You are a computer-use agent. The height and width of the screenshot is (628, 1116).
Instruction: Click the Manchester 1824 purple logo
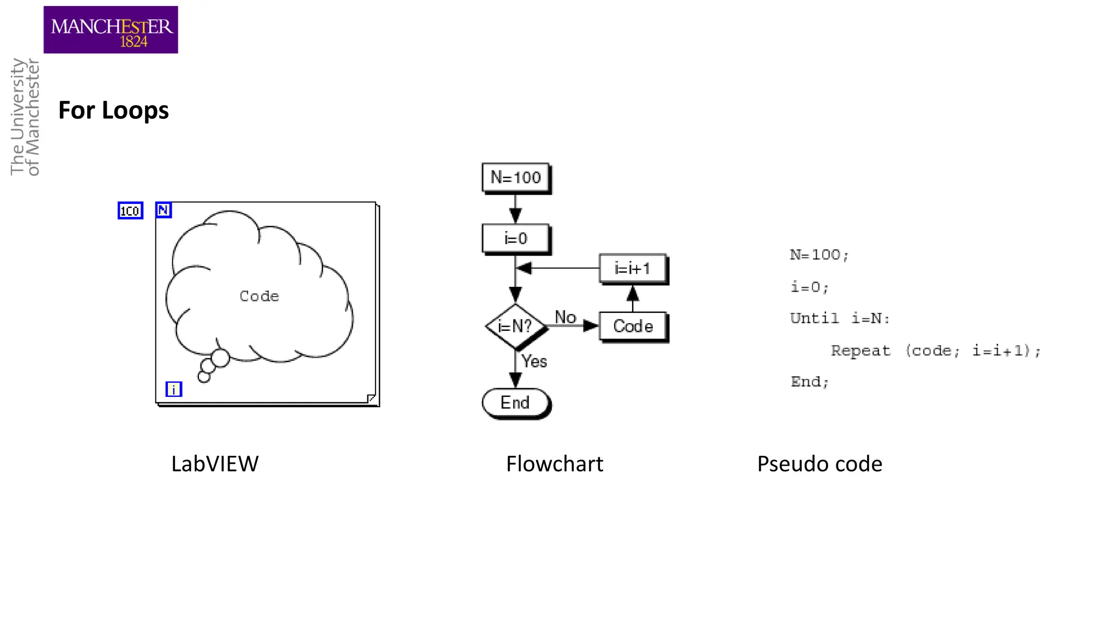[x=111, y=30]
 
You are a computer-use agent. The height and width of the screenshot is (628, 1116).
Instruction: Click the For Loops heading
[x=113, y=111]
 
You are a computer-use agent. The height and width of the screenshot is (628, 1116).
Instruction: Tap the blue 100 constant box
[x=130, y=210]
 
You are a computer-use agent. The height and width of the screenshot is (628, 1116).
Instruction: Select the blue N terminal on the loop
[x=163, y=210]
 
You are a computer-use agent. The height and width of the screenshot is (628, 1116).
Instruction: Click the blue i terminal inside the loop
[x=173, y=389]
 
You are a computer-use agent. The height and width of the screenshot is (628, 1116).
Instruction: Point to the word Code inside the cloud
[x=259, y=296]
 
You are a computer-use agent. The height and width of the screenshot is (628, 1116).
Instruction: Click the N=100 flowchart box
[x=515, y=178]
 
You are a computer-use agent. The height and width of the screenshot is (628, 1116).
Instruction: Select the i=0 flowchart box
[x=515, y=239]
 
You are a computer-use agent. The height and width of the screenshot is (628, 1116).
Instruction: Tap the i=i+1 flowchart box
[x=632, y=268]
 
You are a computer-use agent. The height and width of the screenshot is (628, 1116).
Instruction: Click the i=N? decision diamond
[x=515, y=327]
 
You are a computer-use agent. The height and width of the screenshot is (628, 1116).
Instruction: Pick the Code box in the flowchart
[x=633, y=326]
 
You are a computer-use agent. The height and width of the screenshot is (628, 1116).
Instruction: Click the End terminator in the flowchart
[x=515, y=403]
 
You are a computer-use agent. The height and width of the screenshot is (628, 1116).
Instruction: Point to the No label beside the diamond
[x=565, y=317]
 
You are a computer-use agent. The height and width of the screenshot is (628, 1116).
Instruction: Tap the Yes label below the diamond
[x=534, y=361]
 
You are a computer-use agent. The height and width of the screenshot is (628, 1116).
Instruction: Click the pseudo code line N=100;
[x=819, y=255]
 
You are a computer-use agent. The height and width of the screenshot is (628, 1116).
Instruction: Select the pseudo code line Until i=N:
[x=840, y=318]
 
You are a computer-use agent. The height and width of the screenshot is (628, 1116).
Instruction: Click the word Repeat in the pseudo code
[x=860, y=351]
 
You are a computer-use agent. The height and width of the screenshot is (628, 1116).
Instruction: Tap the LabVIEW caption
[x=215, y=464]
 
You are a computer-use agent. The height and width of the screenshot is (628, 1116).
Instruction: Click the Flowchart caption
[x=554, y=464]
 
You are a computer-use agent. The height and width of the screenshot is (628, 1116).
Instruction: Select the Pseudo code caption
[x=819, y=464]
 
